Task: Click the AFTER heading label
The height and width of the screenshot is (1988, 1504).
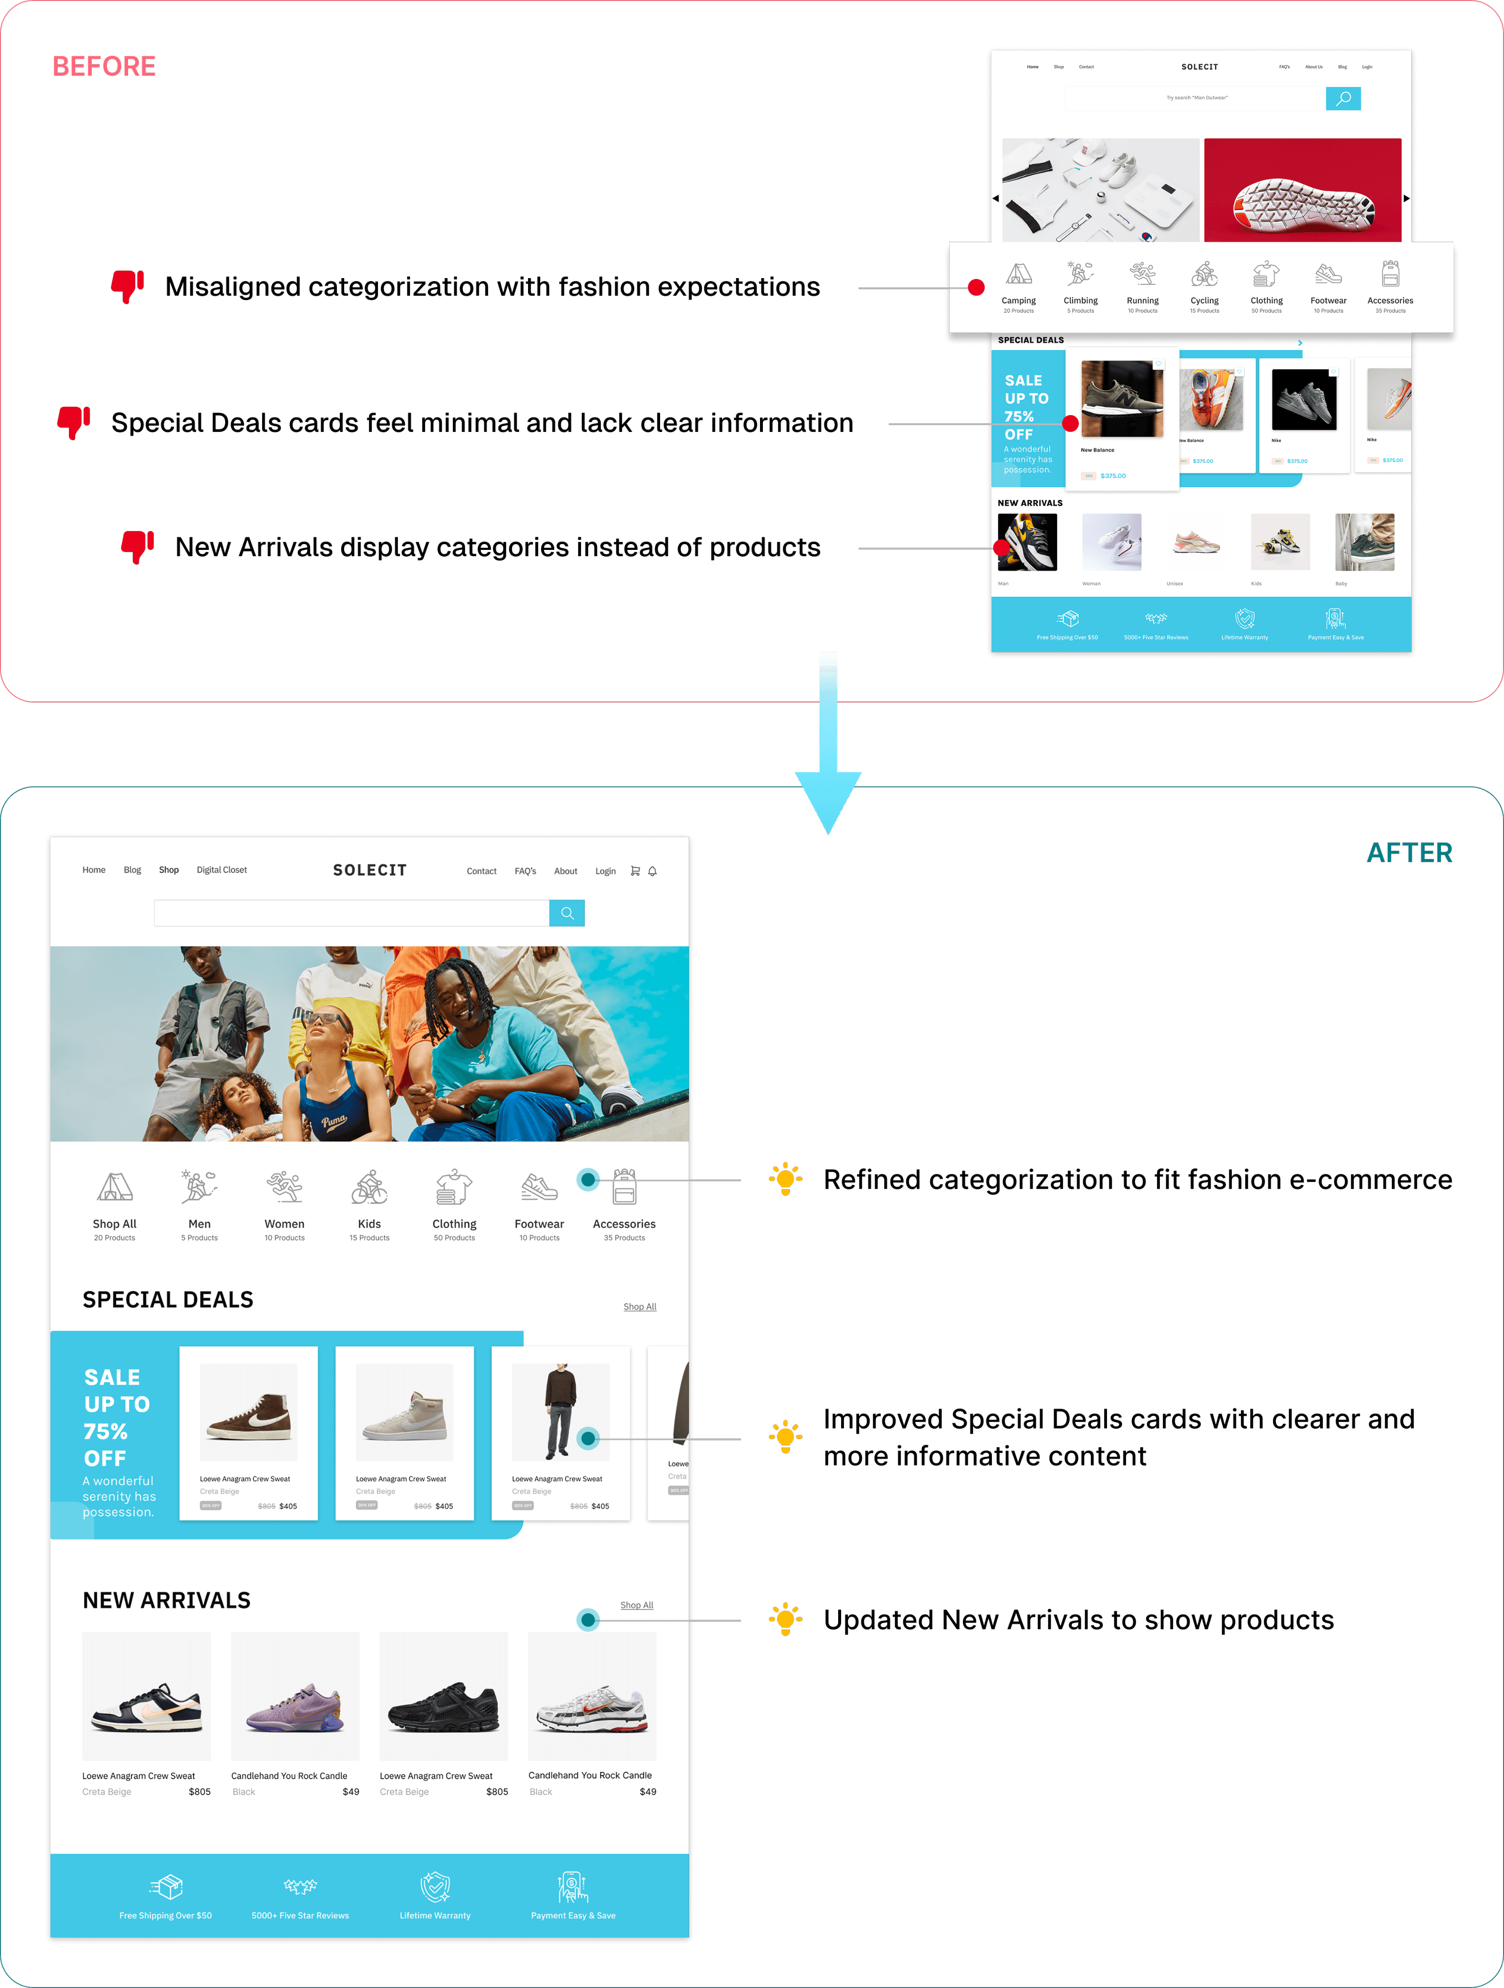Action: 1409,852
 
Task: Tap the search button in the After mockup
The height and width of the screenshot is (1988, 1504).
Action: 567,913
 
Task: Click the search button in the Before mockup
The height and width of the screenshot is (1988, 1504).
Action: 1343,99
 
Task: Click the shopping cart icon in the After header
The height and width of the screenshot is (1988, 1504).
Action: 635,871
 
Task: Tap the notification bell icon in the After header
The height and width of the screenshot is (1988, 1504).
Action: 652,871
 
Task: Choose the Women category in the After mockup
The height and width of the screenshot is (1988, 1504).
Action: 284,1204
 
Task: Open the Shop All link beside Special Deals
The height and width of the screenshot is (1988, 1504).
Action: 640,1307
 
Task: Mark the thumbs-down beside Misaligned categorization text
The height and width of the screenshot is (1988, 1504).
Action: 128,286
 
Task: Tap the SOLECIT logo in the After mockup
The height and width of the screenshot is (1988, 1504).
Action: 369,870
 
